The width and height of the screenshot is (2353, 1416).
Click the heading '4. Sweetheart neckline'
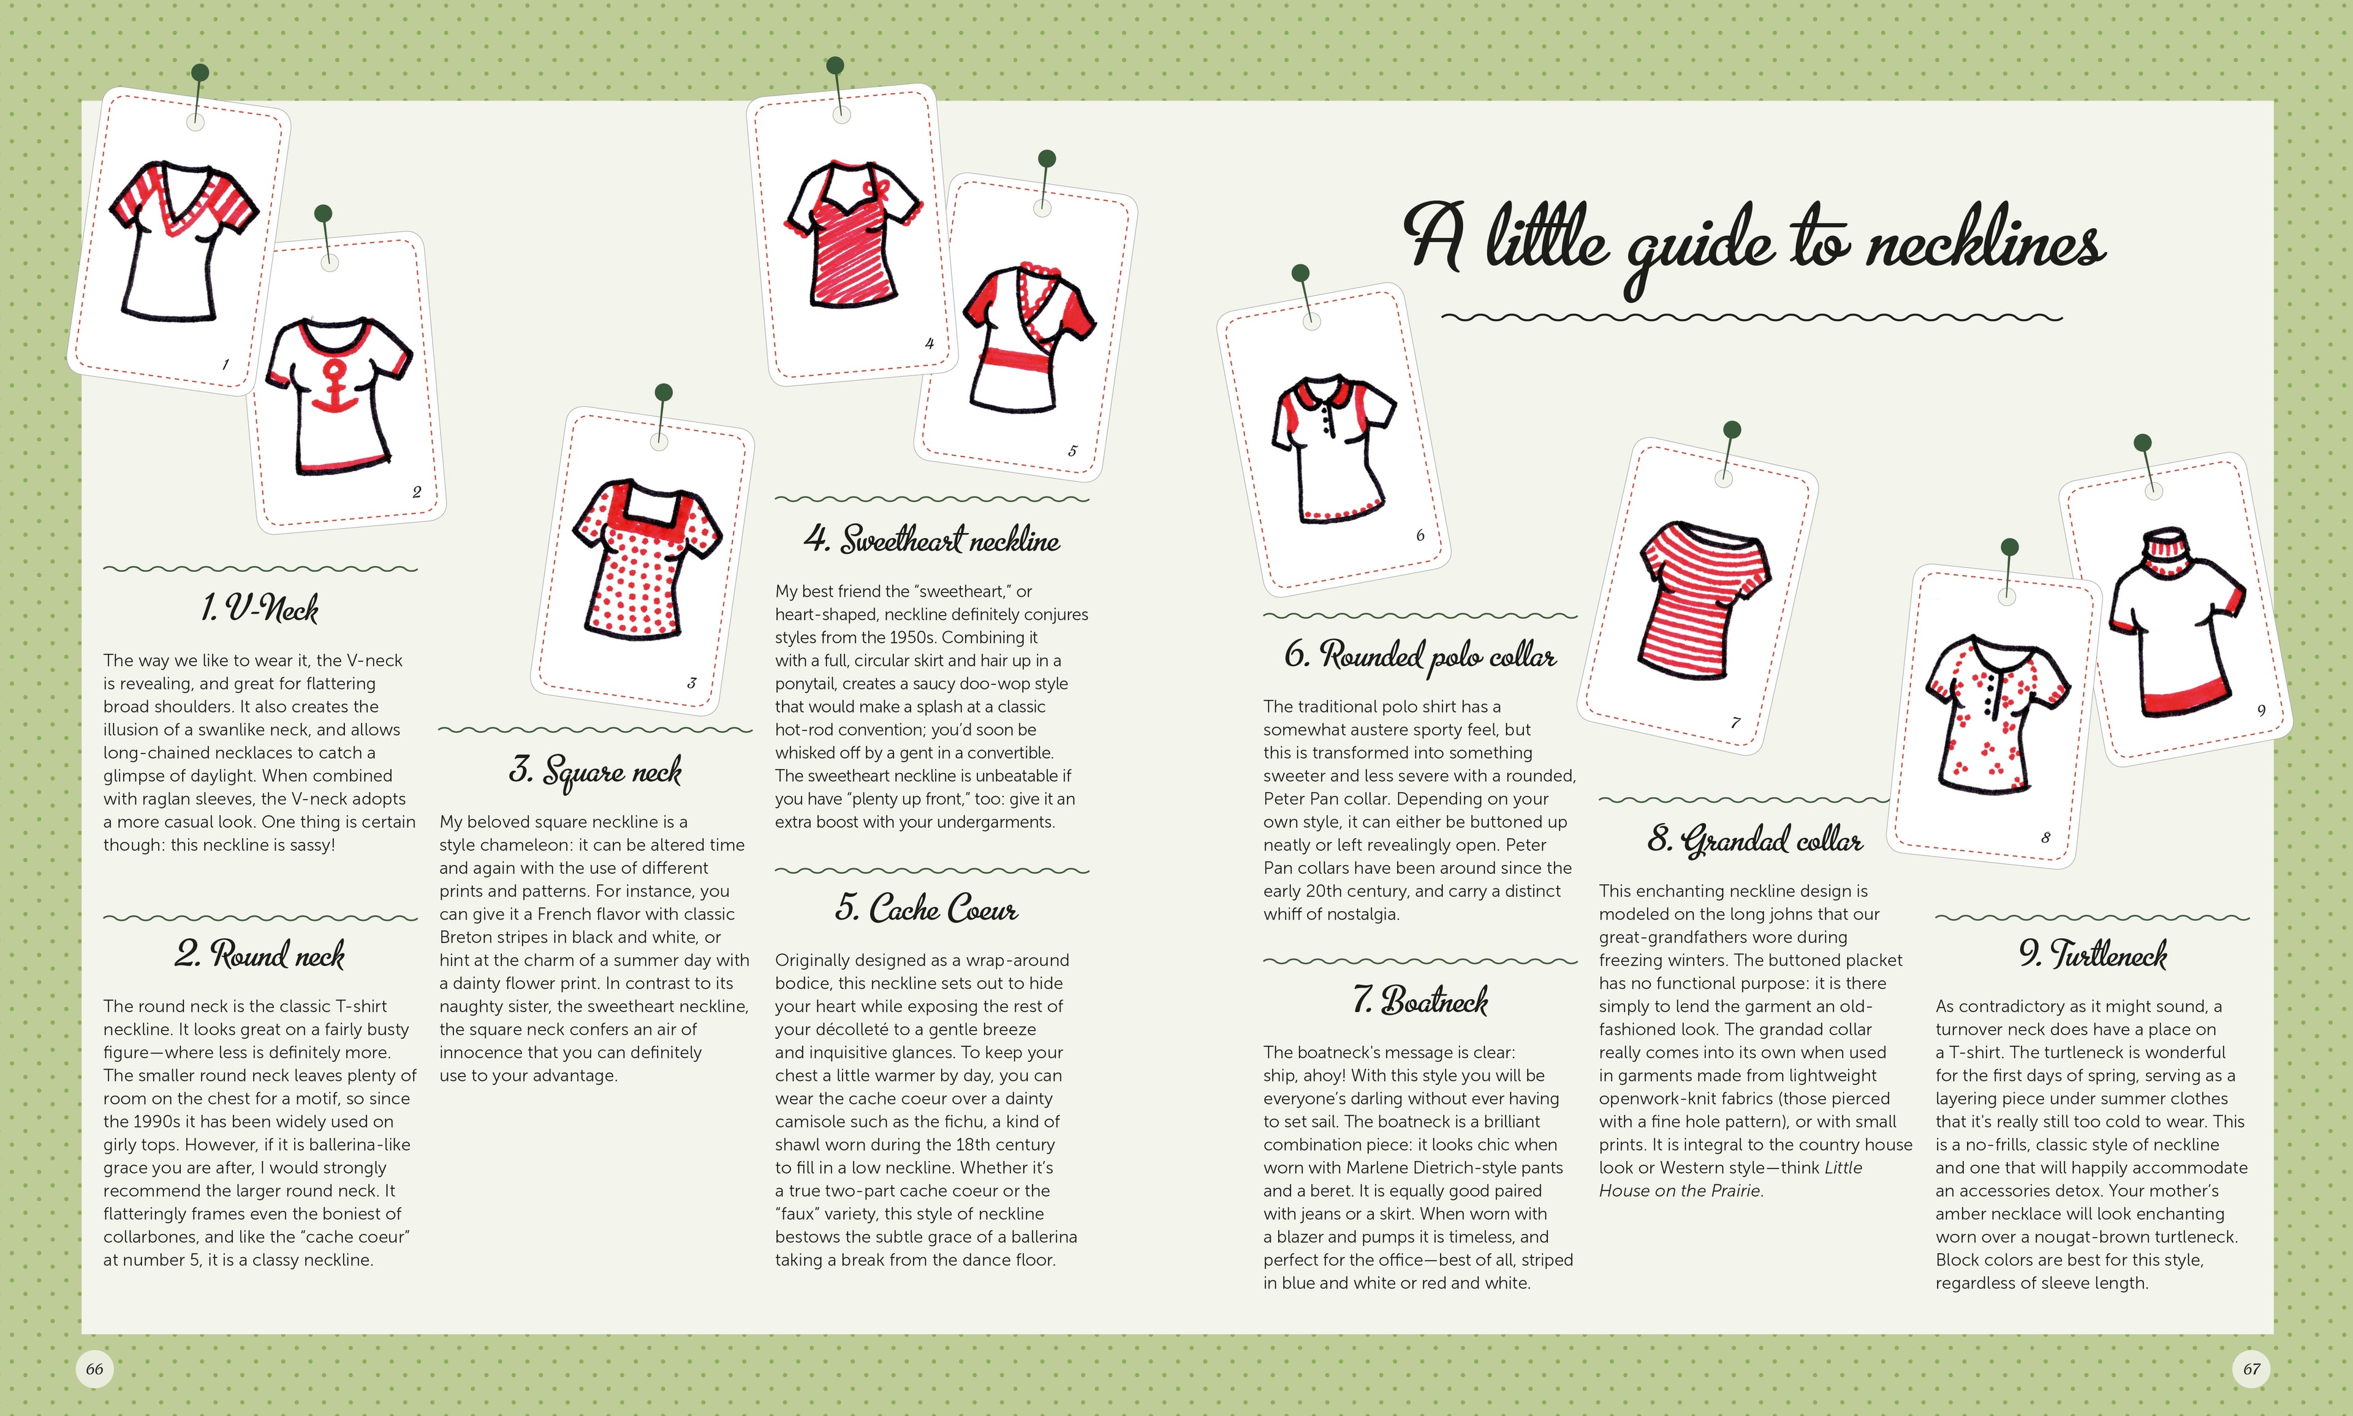point(931,539)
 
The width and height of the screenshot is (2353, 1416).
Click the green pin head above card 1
point(199,72)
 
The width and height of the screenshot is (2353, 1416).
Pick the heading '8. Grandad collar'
point(1754,839)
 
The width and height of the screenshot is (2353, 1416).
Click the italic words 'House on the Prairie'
point(1680,1191)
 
